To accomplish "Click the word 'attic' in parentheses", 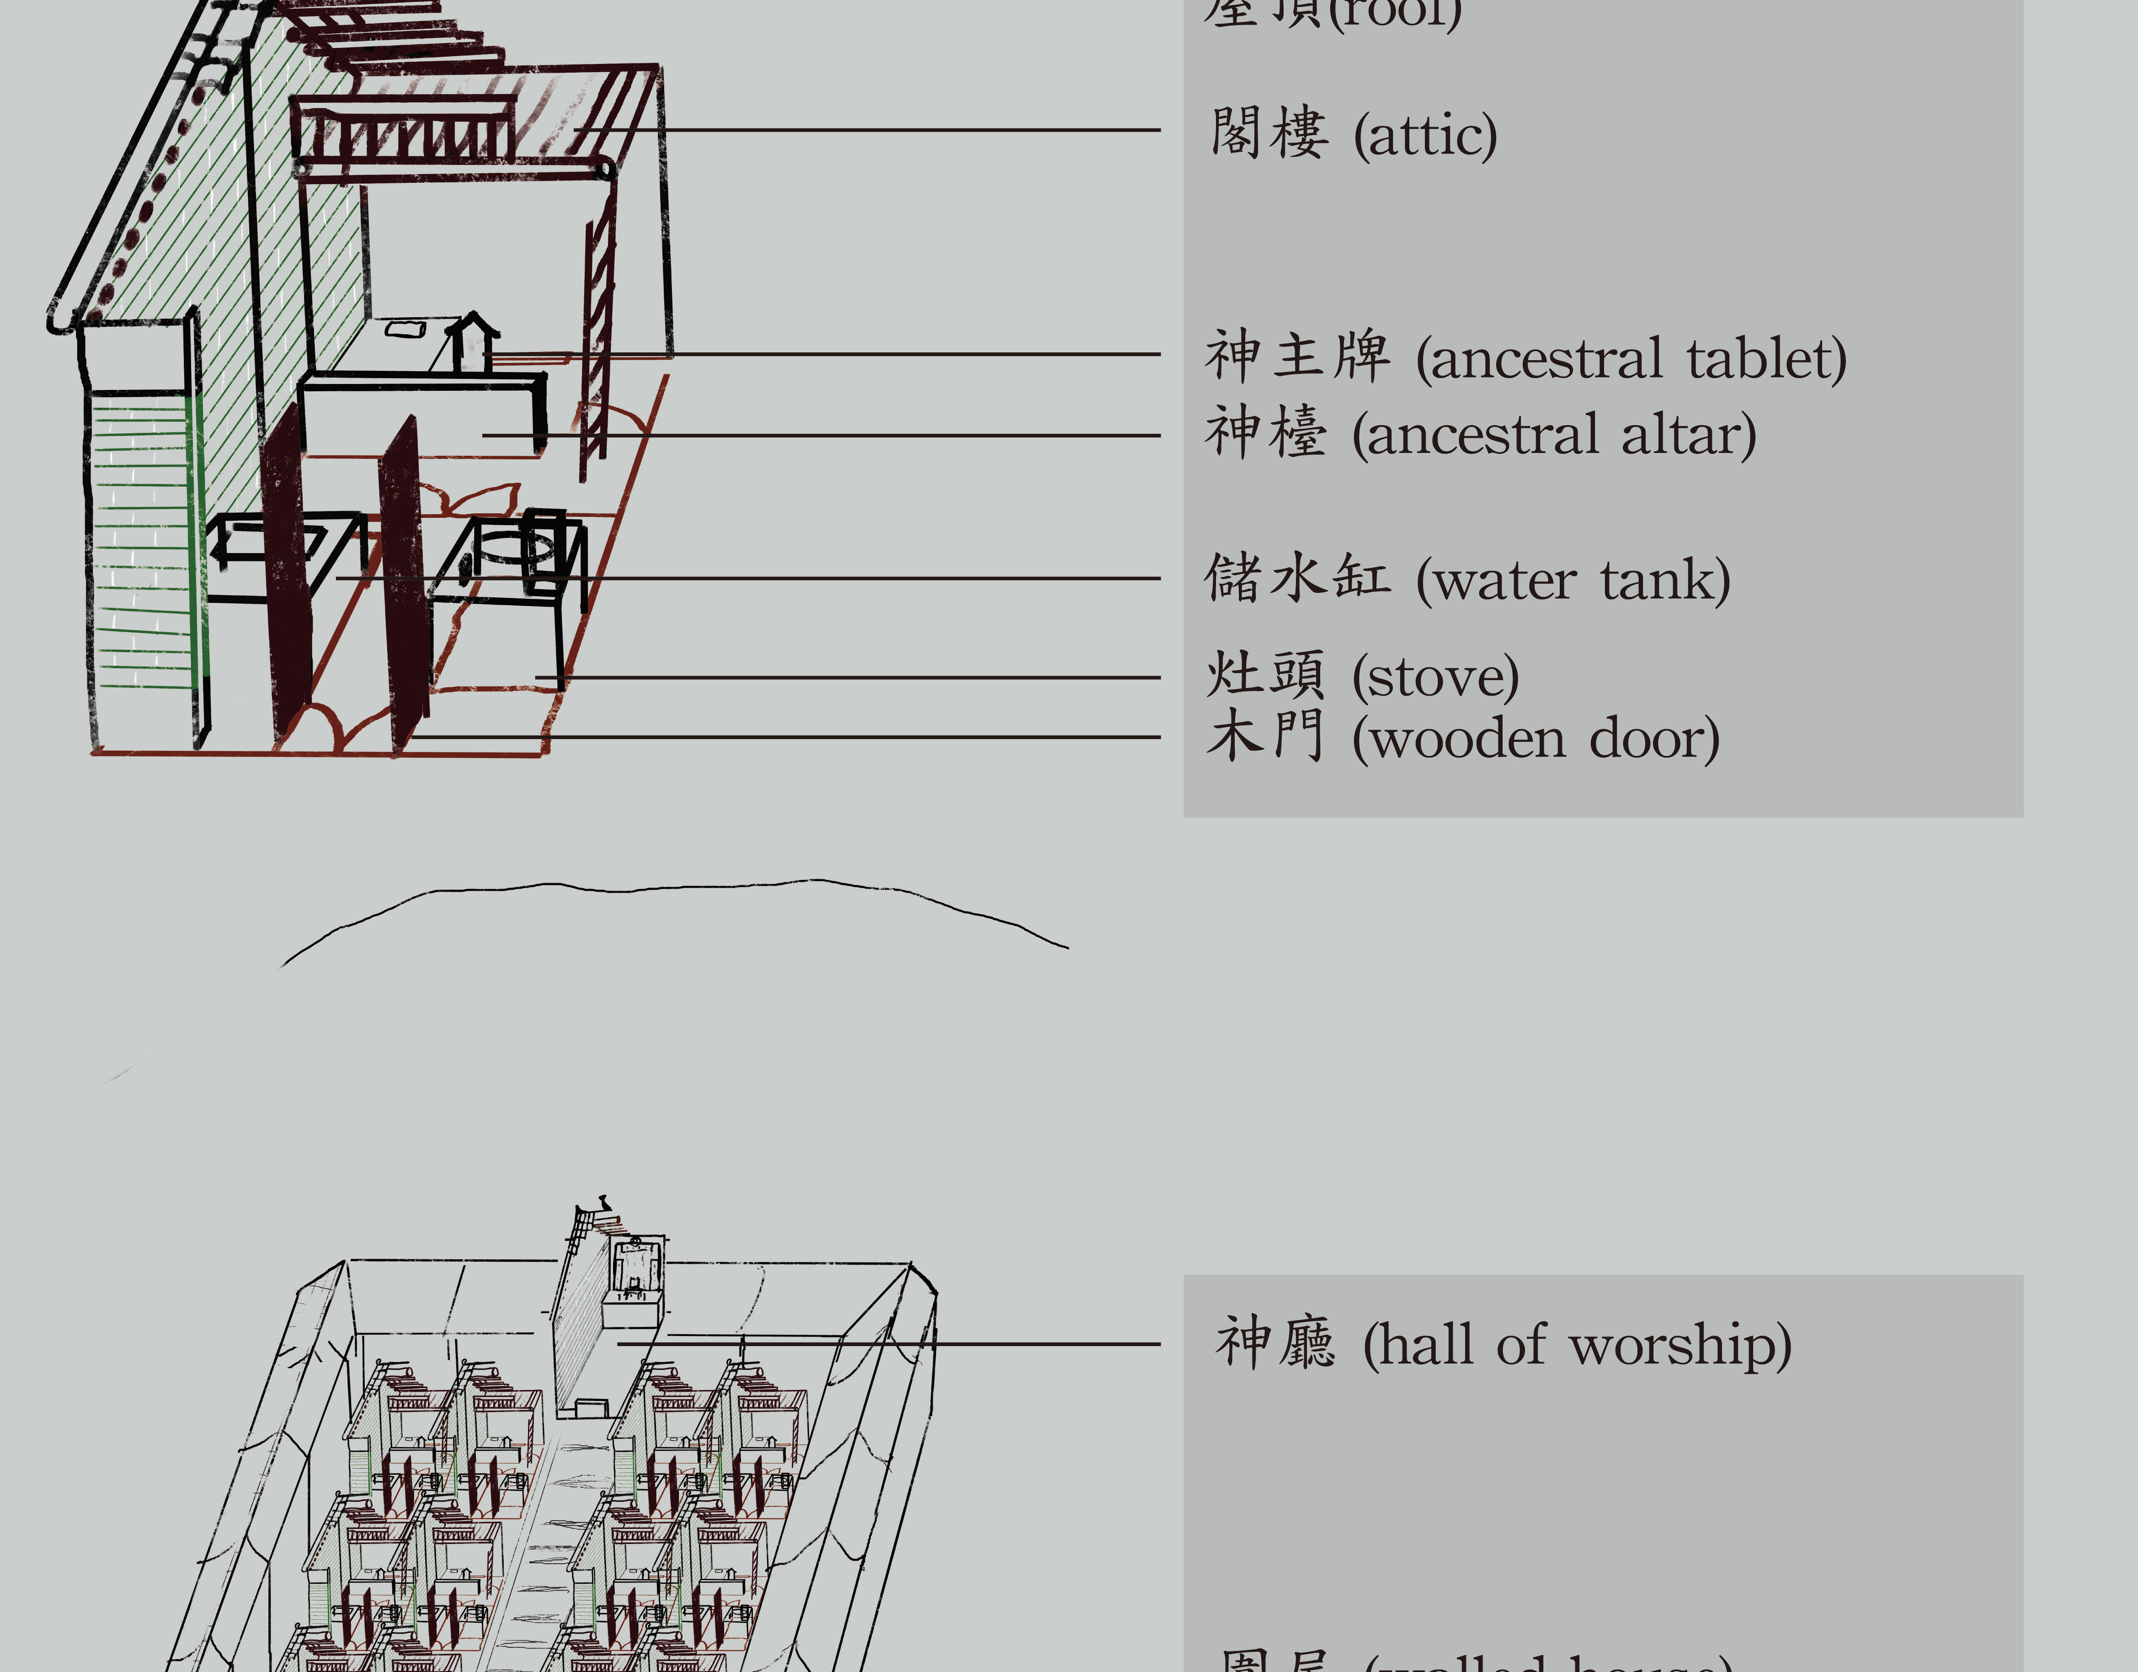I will pyautogui.click(x=1425, y=136).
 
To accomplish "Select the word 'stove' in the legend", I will pyautogui.click(x=1435, y=676).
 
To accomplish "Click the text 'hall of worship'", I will pyautogui.click(x=1577, y=1345).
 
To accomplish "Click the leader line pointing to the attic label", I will pyautogui.click(x=881, y=129).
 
